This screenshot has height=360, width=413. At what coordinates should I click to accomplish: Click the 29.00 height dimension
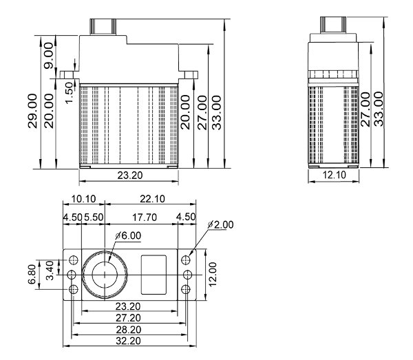point(32,98)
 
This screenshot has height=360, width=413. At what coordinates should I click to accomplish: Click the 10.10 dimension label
point(83,199)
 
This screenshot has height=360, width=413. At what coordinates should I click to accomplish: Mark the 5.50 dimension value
point(93,218)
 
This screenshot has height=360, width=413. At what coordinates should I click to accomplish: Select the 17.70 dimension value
point(143,218)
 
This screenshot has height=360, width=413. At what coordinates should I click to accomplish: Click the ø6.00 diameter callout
point(128,235)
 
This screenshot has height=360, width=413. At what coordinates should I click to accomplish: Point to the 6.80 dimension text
point(32,273)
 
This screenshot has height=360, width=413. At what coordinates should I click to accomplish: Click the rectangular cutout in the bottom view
point(153,267)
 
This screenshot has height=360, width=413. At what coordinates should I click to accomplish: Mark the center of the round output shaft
point(105,274)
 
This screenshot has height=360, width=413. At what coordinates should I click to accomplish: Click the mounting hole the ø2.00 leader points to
point(187,260)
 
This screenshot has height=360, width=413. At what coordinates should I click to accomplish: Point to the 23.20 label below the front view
point(129,176)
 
